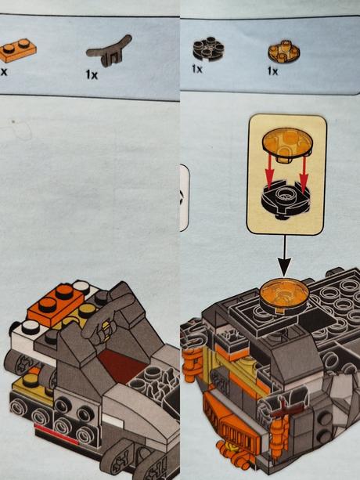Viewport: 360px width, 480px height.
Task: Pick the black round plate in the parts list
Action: tap(207, 49)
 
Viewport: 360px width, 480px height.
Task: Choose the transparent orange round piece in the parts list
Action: tap(283, 51)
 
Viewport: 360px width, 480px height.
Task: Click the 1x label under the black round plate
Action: tap(197, 70)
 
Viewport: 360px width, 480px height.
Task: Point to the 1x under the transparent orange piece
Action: tap(272, 70)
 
